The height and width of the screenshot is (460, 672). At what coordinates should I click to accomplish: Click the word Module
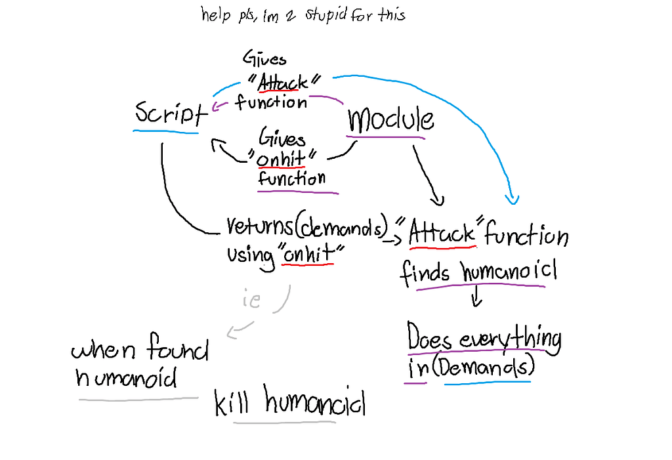[x=390, y=120]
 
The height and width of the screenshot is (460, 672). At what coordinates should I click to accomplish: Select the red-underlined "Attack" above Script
[x=282, y=83]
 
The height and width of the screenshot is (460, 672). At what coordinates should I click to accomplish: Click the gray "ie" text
[x=251, y=301]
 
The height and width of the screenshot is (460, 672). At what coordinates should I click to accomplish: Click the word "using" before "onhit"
[x=251, y=254]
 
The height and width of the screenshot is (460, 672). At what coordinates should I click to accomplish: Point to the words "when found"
[x=139, y=351]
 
